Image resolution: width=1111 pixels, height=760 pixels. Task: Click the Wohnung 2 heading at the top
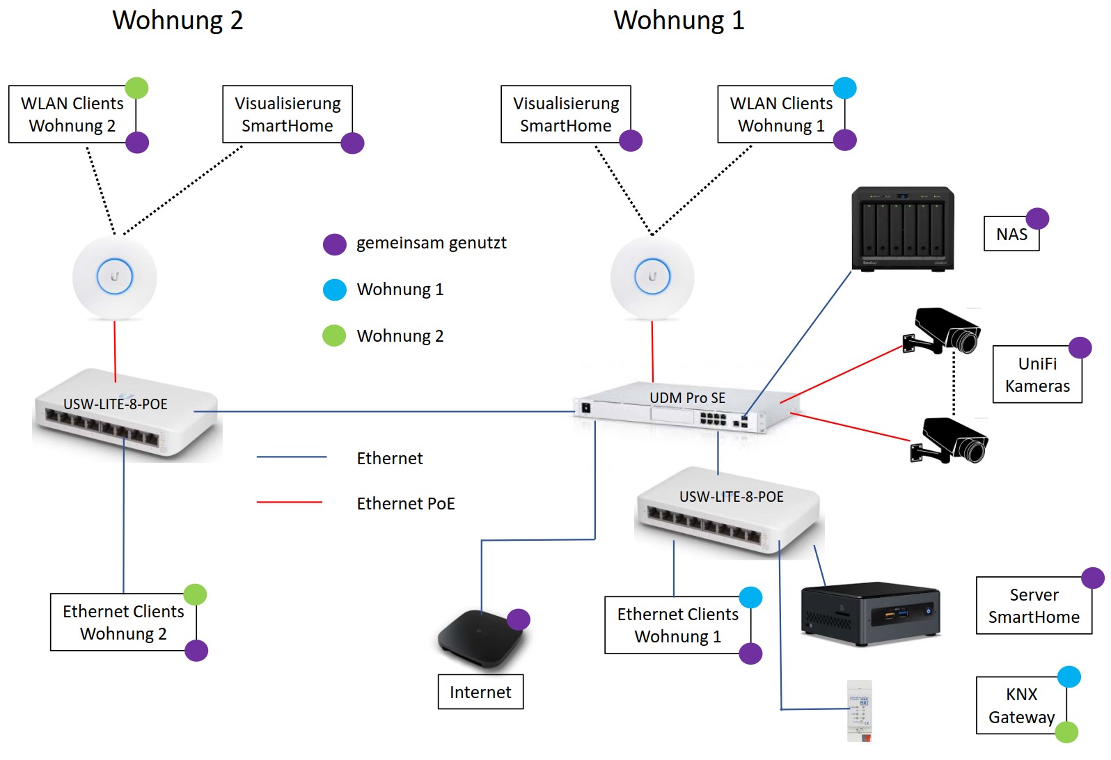[x=178, y=20]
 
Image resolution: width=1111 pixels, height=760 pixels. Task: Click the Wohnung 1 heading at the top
[x=679, y=20]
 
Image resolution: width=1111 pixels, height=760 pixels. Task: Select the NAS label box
[x=1011, y=235]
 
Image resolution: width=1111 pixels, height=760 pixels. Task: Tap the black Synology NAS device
[x=903, y=228]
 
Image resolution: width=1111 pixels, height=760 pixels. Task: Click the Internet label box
[x=480, y=692]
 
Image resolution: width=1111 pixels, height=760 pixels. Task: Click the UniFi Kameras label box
[x=1037, y=375]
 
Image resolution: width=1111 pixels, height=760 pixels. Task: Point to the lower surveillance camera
[x=950, y=441]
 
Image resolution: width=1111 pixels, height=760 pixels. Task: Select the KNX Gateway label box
[x=1021, y=706]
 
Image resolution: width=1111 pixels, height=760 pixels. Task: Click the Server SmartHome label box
[x=1034, y=605]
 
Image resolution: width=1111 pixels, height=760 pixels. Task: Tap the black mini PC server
[x=870, y=613]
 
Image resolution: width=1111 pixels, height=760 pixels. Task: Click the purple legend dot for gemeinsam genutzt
[x=335, y=244]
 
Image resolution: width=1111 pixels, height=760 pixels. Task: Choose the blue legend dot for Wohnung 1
[x=335, y=290]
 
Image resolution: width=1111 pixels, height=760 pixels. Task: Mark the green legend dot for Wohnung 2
[x=335, y=335]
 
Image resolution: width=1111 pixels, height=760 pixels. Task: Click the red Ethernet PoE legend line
[x=290, y=502]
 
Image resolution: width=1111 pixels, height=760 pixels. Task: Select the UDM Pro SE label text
[x=687, y=398]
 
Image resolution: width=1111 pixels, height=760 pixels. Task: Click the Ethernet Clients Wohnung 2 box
[x=123, y=622]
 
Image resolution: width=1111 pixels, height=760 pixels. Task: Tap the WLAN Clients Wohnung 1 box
[x=780, y=115]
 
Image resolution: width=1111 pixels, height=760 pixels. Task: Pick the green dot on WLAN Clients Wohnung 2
[x=136, y=88]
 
